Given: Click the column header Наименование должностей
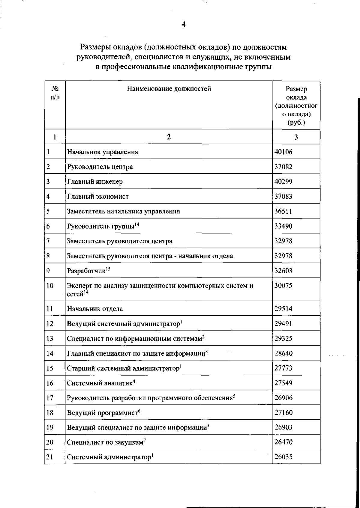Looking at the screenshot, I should tap(169, 89).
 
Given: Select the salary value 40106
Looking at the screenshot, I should tap(283, 152).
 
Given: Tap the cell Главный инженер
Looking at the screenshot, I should tap(95, 182).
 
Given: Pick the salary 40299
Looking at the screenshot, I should tap(283, 182).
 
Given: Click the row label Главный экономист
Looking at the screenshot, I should tap(98, 197).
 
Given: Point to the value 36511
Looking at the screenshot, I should tap(283, 211).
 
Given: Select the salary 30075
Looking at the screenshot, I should tap(283, 286).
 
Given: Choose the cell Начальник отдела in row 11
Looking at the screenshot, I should tap(95, 309).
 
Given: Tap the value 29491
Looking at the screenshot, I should tap(283, 324).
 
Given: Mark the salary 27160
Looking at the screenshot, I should tap(283, 413).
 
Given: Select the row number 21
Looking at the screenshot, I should tap(50, 457).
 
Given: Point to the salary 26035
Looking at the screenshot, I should tap(283, 457).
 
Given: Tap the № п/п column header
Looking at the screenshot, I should tap(55, 93).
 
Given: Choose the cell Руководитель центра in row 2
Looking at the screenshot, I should tap(100, 167).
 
